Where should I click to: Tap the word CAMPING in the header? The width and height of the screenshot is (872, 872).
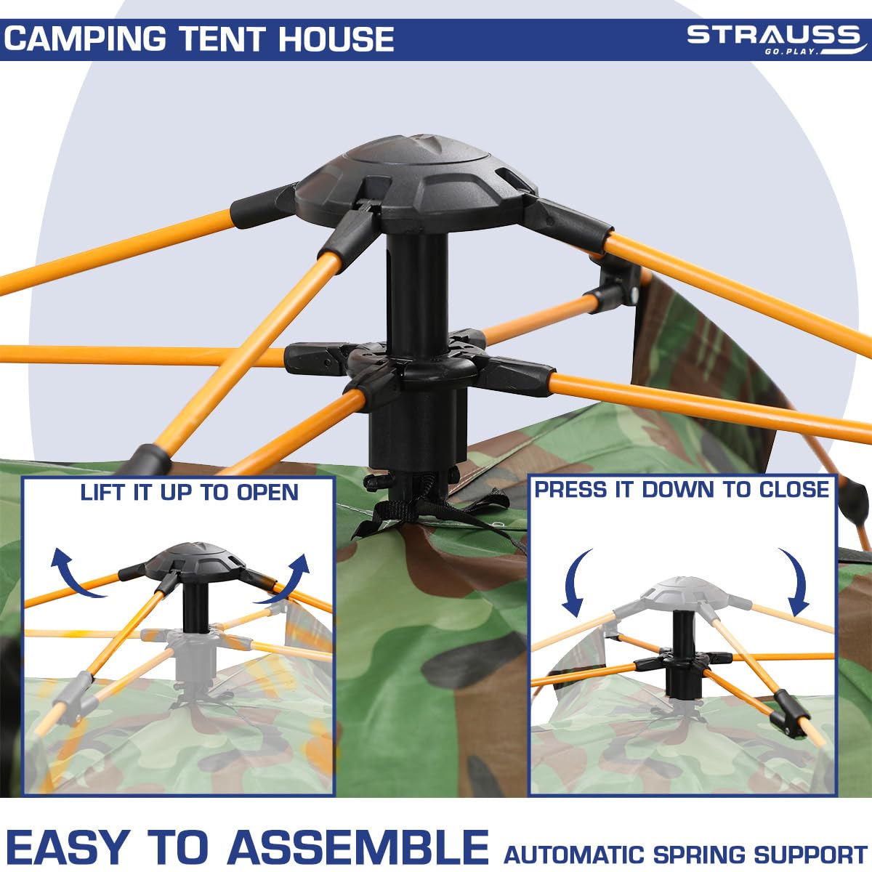tap(85, 39)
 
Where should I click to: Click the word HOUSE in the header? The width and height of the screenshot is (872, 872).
tap(336, 39)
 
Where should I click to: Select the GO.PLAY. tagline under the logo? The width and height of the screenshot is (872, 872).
tap(792, 52)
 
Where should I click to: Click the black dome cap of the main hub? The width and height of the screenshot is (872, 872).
tap(416, 181)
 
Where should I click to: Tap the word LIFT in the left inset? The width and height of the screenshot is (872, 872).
tap(104, 493)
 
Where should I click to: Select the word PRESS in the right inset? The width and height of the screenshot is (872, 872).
tap(570, 490)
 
